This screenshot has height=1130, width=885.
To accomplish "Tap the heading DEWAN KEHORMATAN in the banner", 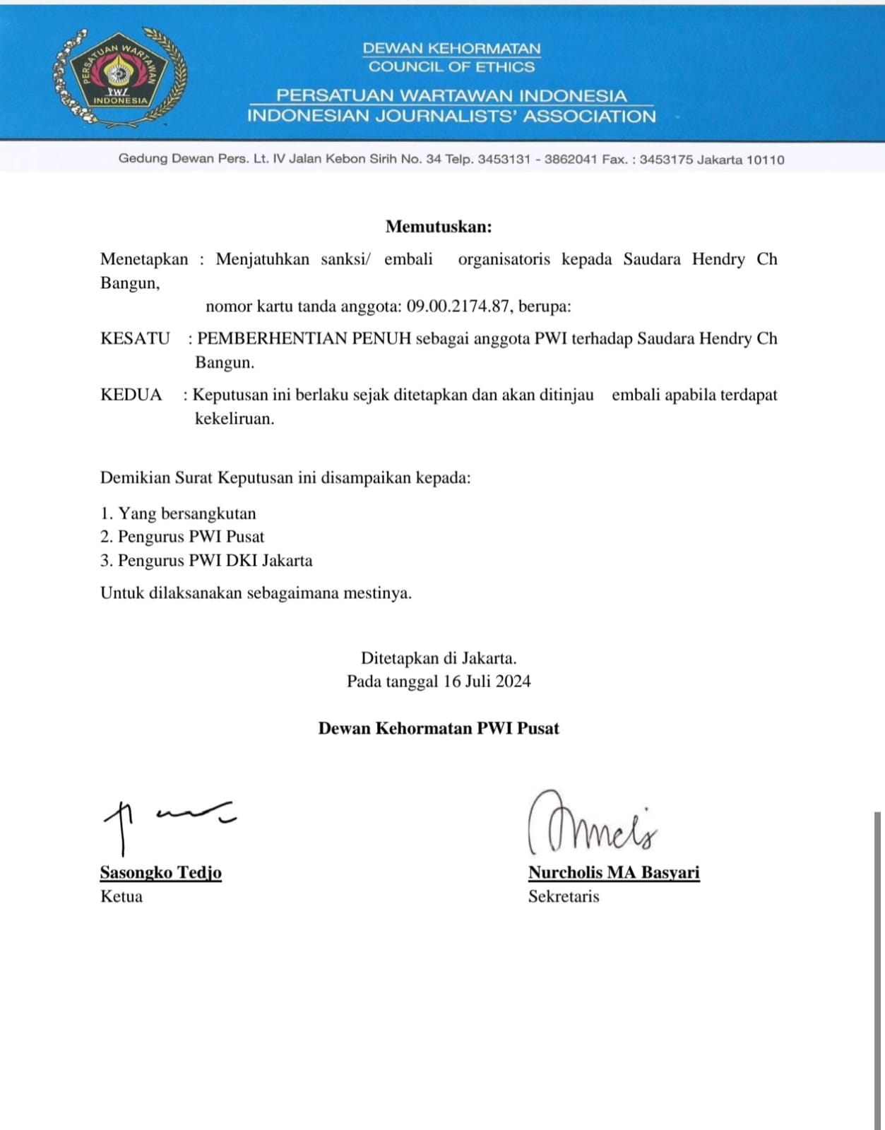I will tap(451, 49).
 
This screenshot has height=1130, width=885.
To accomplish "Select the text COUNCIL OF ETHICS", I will tap(451, 67).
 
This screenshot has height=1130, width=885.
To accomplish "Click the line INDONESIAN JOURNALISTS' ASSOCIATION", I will tap(451, 116).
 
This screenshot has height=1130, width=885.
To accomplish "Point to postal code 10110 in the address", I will tap(765, 160).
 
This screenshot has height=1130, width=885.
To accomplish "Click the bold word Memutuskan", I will tap(438, 227).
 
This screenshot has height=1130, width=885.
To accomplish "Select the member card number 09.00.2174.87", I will tap(458, 307).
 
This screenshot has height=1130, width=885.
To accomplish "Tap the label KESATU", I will tap(135, 338).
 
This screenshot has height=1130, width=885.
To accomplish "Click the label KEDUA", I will tap(131, 394).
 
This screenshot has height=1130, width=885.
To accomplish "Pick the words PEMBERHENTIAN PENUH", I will tap(304, 338).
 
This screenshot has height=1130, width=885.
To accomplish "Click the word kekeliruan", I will tap(234, 418).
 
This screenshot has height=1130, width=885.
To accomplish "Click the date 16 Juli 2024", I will tap(487, 682).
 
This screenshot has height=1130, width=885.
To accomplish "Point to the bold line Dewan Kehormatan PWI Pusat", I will tap(438, 729).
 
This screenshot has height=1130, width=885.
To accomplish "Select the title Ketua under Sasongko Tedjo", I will tap(121, 896).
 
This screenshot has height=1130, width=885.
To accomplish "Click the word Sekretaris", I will tap(564, 896).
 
